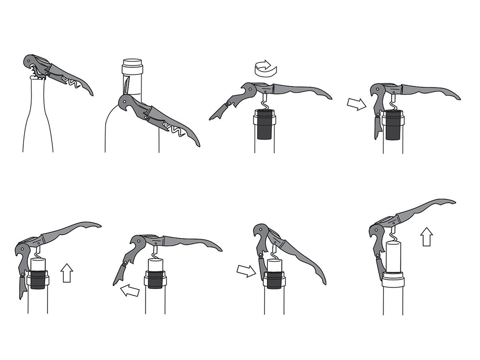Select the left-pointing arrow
130,289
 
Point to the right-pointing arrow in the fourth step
356,103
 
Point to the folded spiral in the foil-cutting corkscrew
173,127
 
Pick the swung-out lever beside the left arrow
122,269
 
